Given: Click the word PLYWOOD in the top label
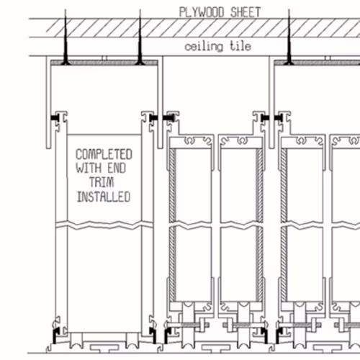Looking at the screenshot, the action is click(202, 12).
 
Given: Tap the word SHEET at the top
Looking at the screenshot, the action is click(246, 12).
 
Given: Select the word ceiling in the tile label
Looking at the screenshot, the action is click(204, 46).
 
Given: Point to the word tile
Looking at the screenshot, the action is click(240, 45).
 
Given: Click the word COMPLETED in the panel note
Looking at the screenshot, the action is click(104, 154).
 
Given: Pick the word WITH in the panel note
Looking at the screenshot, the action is click(89, 168).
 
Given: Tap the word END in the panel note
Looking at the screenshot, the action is click(117, 168).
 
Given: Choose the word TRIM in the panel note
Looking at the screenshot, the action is click(102, 182).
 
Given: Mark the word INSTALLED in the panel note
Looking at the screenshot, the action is click(104, 197).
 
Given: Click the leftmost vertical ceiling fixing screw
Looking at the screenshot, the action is click(66, 38).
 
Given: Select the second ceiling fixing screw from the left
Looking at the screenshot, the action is click(140, 38).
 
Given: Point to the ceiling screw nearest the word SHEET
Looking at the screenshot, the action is click(289, 38).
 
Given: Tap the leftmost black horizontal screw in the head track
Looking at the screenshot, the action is click(55, 117).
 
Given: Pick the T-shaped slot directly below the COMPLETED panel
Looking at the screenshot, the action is click(104, 348).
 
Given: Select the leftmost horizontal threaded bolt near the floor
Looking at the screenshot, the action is click(187, 325).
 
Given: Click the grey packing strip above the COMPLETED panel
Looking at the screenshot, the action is click(104, 63).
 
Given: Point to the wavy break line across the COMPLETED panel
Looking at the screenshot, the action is click(104, 225).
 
